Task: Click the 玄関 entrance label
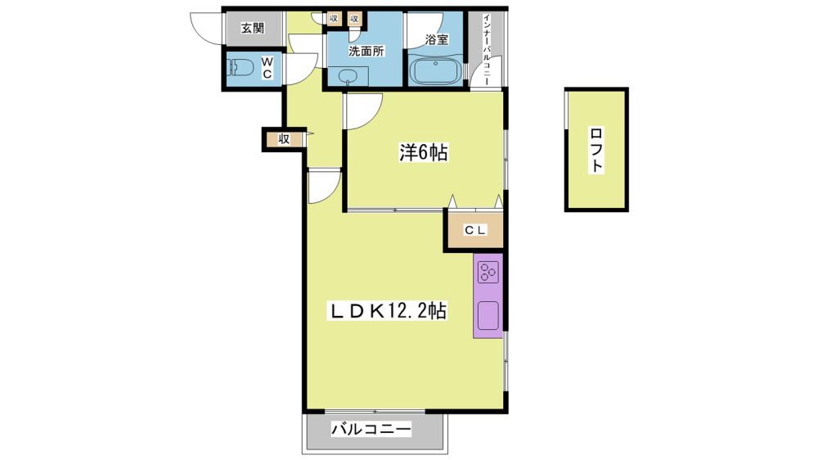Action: click(x=253, y=28)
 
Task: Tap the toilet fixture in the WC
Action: click(x=240, y=68)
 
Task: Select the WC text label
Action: click(x=267, y=68)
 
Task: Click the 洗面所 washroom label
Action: click(x=366, y=52)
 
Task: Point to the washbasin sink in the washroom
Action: click(x=346, y=76)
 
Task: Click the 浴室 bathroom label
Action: click(x=437, y=39)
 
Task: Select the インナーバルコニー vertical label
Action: click(x=486, y=49)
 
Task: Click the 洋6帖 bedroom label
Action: click(x=423, y=153)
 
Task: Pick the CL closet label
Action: click(x=475, y=230)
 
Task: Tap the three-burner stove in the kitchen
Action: click(x=488, y=272)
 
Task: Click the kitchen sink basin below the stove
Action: click(x=488, y=315)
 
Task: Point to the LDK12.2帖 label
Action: click(x=387, y=311)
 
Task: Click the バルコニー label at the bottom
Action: click(x=371, y=430)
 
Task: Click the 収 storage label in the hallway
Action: click(x=284, y=139)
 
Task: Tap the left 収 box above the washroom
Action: click(x=334, y=18)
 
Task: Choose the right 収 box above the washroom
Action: click(x=354, y=18)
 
